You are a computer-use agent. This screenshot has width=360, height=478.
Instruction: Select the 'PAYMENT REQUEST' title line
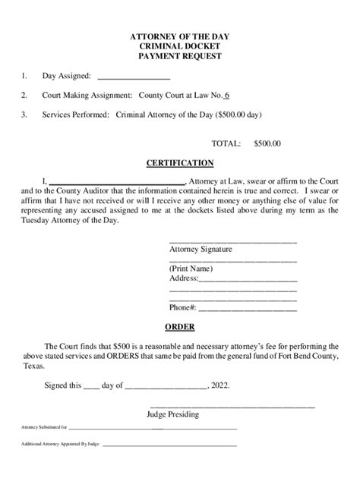(180, 57)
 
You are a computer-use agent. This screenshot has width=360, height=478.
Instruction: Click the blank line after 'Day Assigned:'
(134, 77)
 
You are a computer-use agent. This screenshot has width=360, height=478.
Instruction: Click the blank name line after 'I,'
(117, 181)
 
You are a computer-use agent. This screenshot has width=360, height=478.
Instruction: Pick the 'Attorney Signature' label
(201, 249)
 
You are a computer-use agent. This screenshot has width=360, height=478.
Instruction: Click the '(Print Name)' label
(191, 269)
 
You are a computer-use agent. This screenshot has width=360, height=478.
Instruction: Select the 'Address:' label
(184, 279)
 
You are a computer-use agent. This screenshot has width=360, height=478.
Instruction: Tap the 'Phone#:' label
(183, 308)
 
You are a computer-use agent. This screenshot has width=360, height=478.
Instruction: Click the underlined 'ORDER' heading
(180, 328)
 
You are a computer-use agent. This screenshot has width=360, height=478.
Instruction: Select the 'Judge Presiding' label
(173, 415)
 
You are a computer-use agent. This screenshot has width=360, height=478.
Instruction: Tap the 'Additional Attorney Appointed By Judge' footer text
(60, 444)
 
